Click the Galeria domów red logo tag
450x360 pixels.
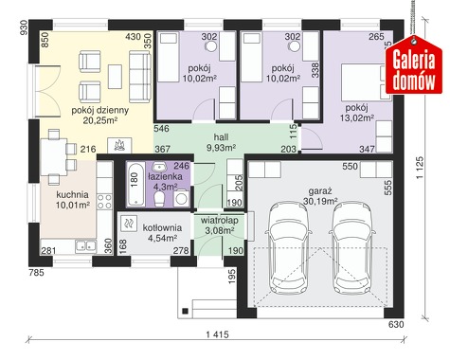pyautogui.click(x=414, y=65)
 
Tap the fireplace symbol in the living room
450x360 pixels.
pyautogui.click(x=119, y=145)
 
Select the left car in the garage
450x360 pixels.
pyautogui.click(x=287, y=248)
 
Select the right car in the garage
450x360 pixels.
pyautogui.click(x=352, y=248)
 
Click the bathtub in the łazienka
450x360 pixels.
pyautogui.click(x=135, y=185)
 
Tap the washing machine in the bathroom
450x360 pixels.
pyautogui.click(x=181, y=198)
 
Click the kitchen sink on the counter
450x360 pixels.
pyautogui.click(x=85, y=246)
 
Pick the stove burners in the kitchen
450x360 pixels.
pyautogui.click(x=104, y=202)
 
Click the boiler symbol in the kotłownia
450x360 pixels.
pyautogui.click(x=128, y=224)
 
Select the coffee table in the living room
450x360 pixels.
pyautogui.click(x=115, y=77)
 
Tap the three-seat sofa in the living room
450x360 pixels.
pyautogui.click(x=140, y=77)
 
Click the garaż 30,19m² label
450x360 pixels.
pyautogui.click(x=320, y=196)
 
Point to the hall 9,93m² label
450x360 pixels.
pyautogui.click(x=221, y=142)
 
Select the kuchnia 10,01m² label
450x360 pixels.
pyautogui.click(x=73, y=200)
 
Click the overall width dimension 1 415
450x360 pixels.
pyautogui.click(x=217, y=334)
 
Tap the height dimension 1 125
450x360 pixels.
pyautogui.click(x=420, y=168)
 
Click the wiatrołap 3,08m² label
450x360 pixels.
pyautogui.click(x=220, y=225)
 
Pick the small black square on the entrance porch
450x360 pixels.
pyautogui.click(x=186, y=311)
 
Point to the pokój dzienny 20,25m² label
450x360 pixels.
pyautogui.click(x=99, y=115)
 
